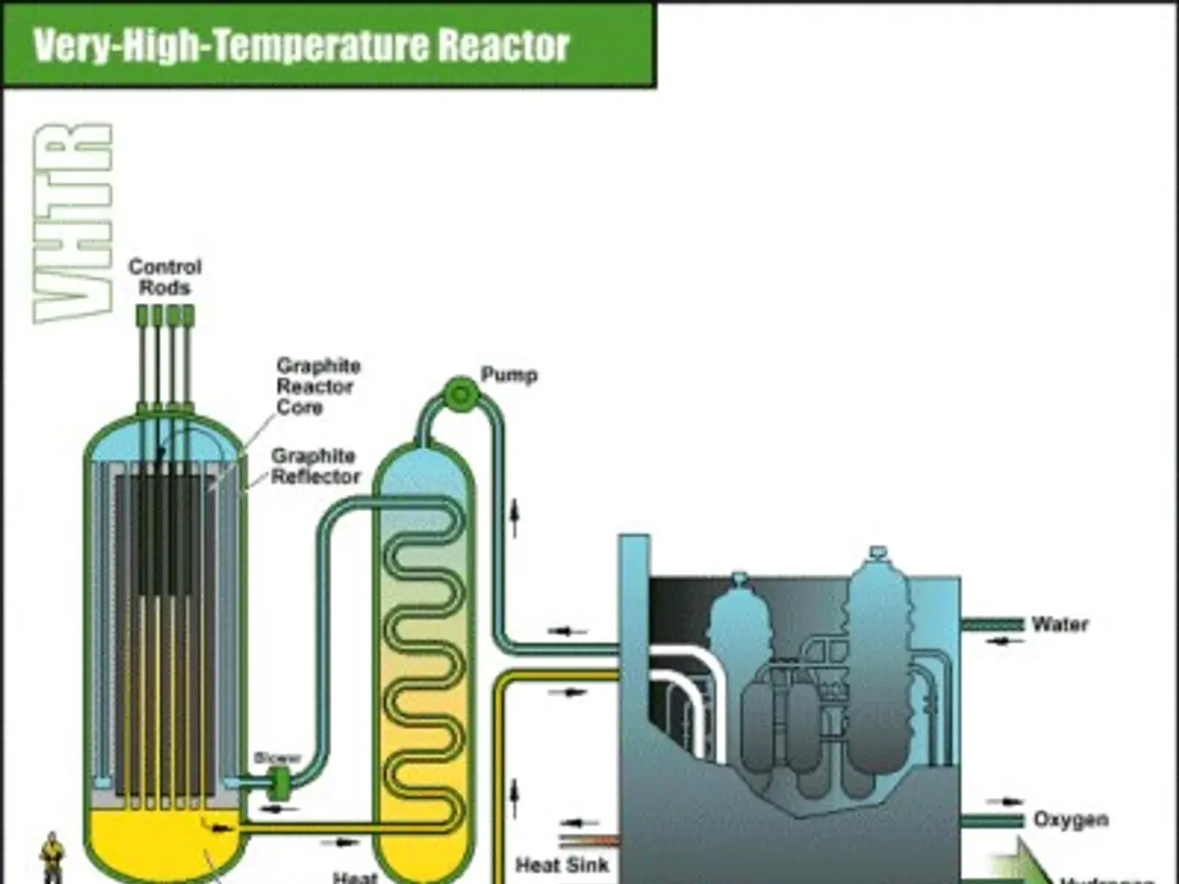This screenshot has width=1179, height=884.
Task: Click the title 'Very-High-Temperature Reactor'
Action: point(301,45)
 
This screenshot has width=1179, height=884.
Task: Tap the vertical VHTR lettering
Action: point(74,224)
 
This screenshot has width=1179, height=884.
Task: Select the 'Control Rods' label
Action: point(165,277)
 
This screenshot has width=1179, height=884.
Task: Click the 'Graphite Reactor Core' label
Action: point(317,386)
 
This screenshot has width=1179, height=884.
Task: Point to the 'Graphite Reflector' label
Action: point(314,466)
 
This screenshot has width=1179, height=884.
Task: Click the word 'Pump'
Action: point(508,375)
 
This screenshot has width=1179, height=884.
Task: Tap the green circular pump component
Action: point(459,394)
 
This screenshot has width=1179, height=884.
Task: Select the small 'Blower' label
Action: point(277,758)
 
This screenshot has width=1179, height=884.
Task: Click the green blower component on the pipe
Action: point(278,784)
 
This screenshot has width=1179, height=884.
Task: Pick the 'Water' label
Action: point(1059,624)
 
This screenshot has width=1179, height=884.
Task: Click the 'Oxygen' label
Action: point(1070,820)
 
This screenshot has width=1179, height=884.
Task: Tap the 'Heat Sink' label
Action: point(562,866)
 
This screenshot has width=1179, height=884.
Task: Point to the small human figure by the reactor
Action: point(53,857)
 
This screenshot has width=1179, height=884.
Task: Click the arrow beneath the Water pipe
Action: point(999,642)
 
